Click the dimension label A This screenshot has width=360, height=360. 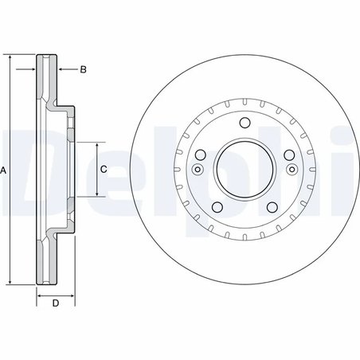coord(3,170)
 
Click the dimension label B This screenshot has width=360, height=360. coord(83,69)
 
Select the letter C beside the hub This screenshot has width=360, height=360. coord(104,169)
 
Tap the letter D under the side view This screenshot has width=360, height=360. coord(56,303)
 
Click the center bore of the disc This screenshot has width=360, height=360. coord(245,170)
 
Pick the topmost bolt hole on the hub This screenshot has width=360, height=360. coord(245,123)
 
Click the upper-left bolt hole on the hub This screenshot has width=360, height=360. coord(201,155)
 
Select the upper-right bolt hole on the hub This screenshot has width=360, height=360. coord(289,155)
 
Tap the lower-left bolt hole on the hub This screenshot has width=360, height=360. coord(217,207)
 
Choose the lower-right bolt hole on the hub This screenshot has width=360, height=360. coord(272,207)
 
